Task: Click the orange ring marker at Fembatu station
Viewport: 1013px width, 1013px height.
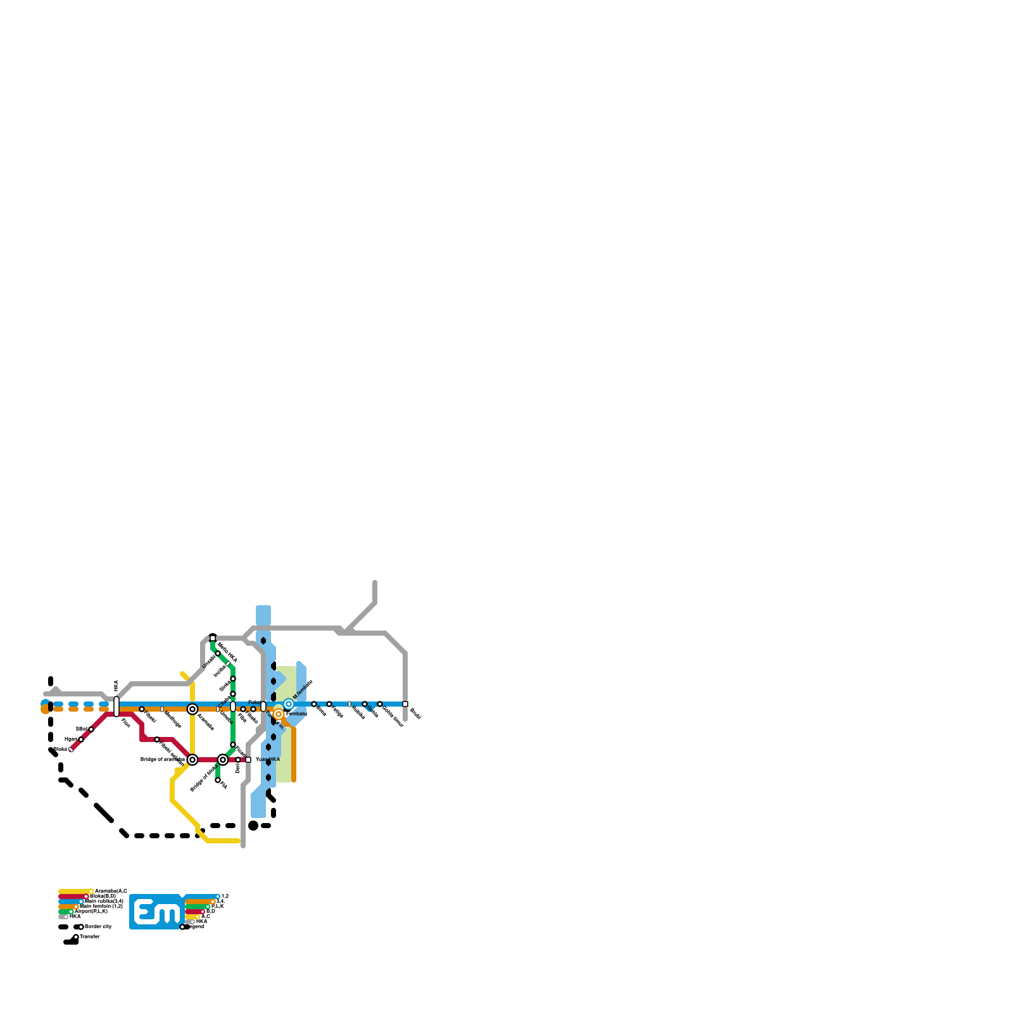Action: pyautogui.click(x=279, y=714)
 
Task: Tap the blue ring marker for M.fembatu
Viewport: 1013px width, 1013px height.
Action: pyautogui.click(x=289, y=704)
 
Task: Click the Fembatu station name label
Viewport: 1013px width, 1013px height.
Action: pyautogui.click(x=297, y=714)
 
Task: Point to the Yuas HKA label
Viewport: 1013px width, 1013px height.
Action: pyautogui.click(x=268, y=759)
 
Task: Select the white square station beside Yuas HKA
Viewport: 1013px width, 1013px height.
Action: pyautogui.click(x=248, y=760)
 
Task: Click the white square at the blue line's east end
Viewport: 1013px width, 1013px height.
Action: pyautogui.click(x=405, y=704)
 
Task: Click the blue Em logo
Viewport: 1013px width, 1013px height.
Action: pyautogui.click(x=157, y=912)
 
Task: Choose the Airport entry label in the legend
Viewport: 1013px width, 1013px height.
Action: pyautogui.click(x=91, y=912)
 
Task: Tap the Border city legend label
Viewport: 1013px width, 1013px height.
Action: pyautogui.click(x=98, y=927)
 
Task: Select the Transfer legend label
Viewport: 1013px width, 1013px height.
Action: pyautogui.click(x=90, y=936)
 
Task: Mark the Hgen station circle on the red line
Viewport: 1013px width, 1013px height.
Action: pyautogui.click(x=81, y=739)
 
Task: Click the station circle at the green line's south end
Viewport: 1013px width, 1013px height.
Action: pyautogui.click(x=218, y=780)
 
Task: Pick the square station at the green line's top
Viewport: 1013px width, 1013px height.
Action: pyautogui.click(x=213, y=638)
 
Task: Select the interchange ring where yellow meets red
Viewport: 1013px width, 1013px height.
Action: pyautogui.click(x=192, y=760)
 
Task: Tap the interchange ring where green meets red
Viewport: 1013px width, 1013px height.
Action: pyautogui.click(x=223, y=760)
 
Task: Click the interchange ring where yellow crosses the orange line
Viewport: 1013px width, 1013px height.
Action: pyautogui.click(x=192, y=709)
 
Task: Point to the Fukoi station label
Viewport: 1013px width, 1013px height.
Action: pyautogui.click(x=254, y=702)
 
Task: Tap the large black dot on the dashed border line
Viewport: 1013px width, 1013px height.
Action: pyautogui.click(x=253, y=826)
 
